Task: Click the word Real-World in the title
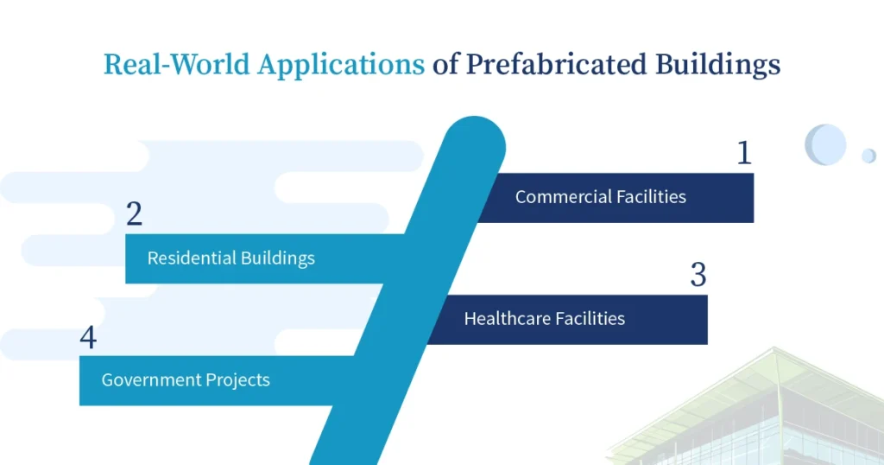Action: point(176,64)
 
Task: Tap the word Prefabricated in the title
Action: point(556,64)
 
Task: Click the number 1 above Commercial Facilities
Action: point(744,152)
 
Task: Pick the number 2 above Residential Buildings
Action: point(134,213)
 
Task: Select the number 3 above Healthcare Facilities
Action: point(698,275)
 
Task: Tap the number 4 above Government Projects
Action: point(88,337)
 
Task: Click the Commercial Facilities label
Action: point(601,196)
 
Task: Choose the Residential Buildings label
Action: point(231,258)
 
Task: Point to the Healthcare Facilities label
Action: point(545,318)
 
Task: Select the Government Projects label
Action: point(186,379)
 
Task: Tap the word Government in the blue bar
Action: point(150,379)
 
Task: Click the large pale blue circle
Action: point(825,144)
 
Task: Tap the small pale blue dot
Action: point(868,156)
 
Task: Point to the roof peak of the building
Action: point(775,348)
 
